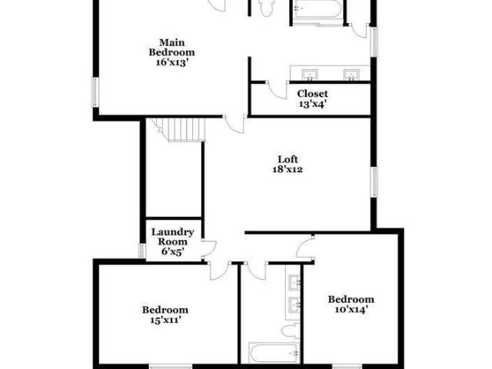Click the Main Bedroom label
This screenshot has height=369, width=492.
(171, 48)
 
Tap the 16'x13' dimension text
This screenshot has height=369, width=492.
(172, 62)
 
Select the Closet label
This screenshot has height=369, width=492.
(313, 94)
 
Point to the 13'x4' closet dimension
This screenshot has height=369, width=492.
(313, 104)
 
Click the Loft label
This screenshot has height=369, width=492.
(288, 159)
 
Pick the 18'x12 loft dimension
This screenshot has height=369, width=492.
(288, 169)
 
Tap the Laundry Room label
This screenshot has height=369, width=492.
(172, 237)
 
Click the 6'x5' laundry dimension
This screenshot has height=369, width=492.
(172, 251)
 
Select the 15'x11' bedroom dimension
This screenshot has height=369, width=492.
(165, 320)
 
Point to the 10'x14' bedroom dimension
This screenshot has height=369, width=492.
(351, 310)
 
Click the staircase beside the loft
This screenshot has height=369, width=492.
(178, 130)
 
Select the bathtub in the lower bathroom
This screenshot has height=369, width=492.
(274, 353)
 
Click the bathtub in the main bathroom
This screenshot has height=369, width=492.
(316, 9)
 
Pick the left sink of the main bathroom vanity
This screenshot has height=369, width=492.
(310, 75)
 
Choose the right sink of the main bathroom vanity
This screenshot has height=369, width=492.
(351, 75)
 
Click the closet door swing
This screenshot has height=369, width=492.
(277, 91)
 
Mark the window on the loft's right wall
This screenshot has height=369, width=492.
(374, 182)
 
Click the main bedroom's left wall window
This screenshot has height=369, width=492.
(95, 92)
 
